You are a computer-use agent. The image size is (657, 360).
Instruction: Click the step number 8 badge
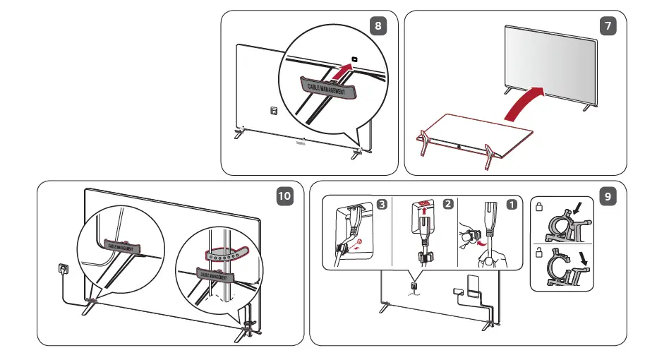[x=379, y=26]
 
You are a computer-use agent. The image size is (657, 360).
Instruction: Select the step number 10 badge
[x=284, y=197]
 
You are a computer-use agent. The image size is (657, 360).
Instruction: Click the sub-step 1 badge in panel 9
[x=512, y=205]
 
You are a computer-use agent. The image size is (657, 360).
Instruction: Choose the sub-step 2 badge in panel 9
[x=447, y=205]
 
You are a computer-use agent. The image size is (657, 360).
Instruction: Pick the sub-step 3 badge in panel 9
[x=382, y=205]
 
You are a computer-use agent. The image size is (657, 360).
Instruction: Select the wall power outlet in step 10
[x=62, y=270]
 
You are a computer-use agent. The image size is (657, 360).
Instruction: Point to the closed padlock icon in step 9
[x=538, y=208]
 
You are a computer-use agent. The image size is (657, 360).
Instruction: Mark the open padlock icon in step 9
[x=538, y=251]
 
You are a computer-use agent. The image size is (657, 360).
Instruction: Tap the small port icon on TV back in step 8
[x=273, y=111]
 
